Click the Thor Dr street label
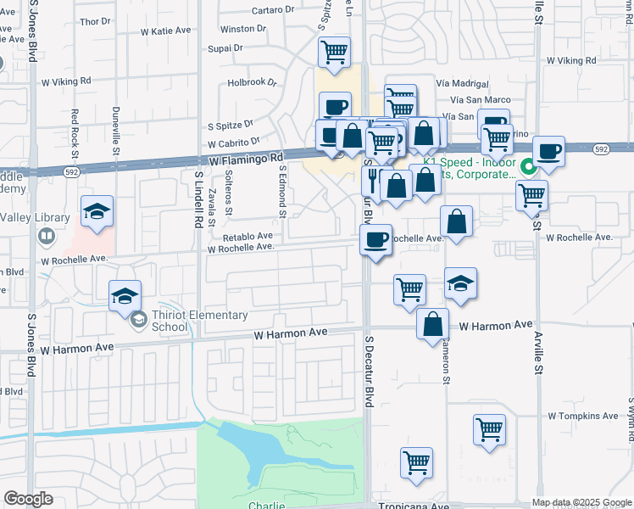click(95, 20)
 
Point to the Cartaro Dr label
click(273, 11)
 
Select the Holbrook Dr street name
click(252, 83)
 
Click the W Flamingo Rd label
click(246, 159)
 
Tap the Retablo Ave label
click(247, 236)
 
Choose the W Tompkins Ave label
click(583, 416)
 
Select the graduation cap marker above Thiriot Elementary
click(125, 295)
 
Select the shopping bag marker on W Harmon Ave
click(432, 322)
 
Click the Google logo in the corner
click(28, 499)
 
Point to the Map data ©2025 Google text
click(581, 502)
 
